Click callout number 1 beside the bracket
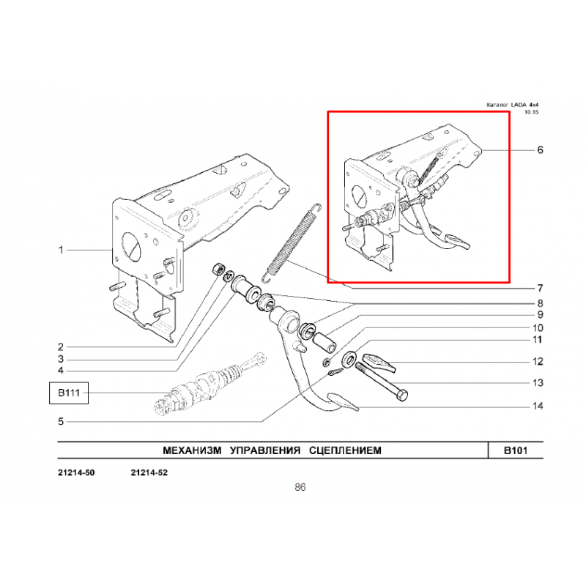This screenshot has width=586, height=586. pyautogui.click(x=61, y=250)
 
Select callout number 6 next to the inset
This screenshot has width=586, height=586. pyautogui.click(x=540, y=150)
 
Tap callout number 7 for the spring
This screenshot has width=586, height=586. pyautogui.click(x=540, y=288)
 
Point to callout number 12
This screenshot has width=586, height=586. pyautogui.click(x=538, y=361)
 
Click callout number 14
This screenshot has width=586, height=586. pyautogui.click(x=538, y=406)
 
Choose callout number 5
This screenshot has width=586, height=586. pyautogui.click(x=61, y=422)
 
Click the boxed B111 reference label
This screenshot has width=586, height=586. pyautogui.click(x=69, y=393)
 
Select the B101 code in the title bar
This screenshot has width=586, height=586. pyautogui.click(x=516, y=450)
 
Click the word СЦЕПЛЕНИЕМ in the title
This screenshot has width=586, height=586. pyautogui.click(x=345, y=450)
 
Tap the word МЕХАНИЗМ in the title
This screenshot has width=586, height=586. pyautogui.click(x=192, y=450)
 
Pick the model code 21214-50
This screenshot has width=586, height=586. pyautogui.click(x=76, y=472)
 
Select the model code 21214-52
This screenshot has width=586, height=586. pyautogui.click(x=149, y=472)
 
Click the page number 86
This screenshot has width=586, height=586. pyautogui.click(x=300, y=487)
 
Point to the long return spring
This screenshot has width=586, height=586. pyautogui.click(x=292, y=242)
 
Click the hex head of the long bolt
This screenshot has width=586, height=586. pyautogui.click(x=402, y=395)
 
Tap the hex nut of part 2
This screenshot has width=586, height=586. pyautogui.click(x=218, y=269)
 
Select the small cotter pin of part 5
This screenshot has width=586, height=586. pyautogui.click(x=336, y=372)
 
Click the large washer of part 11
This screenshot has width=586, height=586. pyautogui.click(x=349, y=360)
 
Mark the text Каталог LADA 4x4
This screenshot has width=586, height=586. pyautogui.click(x=512, y=105)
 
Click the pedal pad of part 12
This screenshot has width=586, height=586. pyautogui.click(x=379, y=363)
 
